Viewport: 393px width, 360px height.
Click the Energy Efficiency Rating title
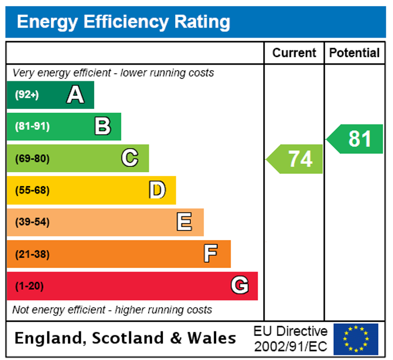124,22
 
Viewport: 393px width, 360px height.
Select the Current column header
294,53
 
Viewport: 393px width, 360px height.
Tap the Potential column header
354,53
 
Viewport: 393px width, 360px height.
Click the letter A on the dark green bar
75,95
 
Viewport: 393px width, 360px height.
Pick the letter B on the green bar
102,127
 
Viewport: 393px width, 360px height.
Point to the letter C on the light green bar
130,159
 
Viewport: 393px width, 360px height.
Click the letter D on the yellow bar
157,191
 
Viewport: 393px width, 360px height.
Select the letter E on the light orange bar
184,223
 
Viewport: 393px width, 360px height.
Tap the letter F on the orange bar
211,254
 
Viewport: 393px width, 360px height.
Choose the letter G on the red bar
240,286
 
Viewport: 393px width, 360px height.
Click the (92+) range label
27,95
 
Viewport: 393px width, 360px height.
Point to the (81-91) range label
32,127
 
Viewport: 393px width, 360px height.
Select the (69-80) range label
32,159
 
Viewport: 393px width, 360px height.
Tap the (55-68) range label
32,191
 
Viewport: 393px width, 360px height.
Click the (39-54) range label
32,223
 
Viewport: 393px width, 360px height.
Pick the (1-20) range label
29,286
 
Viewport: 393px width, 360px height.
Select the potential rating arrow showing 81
356,139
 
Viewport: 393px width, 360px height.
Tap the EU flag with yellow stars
356,339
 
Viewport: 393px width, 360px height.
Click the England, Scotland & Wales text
125,338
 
